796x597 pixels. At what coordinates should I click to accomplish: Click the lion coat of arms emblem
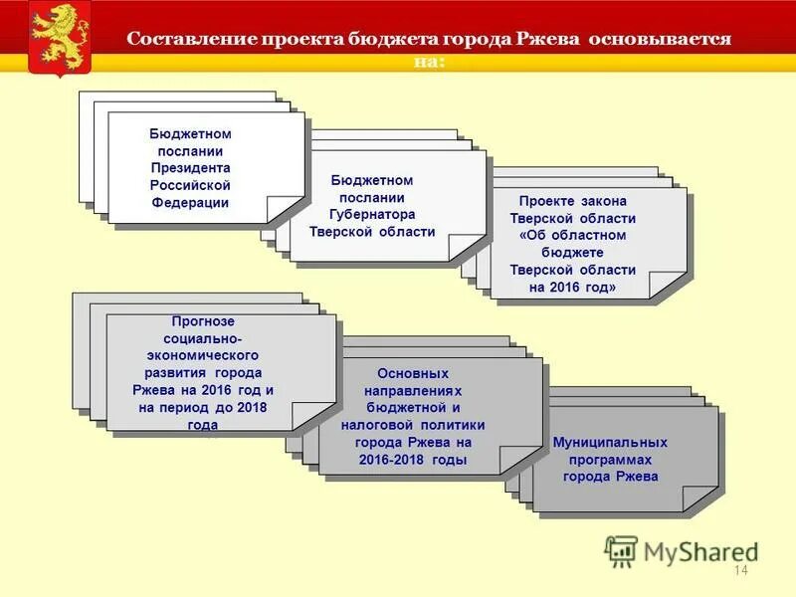[x=59, y=37]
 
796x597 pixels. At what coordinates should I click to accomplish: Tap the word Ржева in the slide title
[x=549, y=40]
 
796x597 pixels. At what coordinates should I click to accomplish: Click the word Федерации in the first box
[x=191, y=203]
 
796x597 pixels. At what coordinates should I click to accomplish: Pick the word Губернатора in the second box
[x=372, y=214]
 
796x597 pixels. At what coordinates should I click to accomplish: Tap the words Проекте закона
[x=572, y=200]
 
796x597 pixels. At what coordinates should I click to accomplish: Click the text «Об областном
[x=572, y=235]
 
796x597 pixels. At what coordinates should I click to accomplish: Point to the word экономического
[x=203, y=355]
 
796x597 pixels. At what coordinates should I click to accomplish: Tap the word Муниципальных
[x=610, y=441]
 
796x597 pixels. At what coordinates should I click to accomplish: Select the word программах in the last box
[x=610, y=459]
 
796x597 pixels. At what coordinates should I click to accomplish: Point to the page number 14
[x=739, y=570]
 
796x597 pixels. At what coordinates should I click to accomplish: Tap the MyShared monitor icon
[x=621, y=549]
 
